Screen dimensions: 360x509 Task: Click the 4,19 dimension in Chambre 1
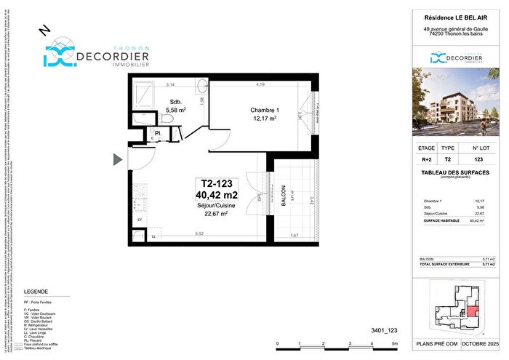point(260,85)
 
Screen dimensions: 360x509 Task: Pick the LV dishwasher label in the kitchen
point(140,218)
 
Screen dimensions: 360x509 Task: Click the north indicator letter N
point(43,29)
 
